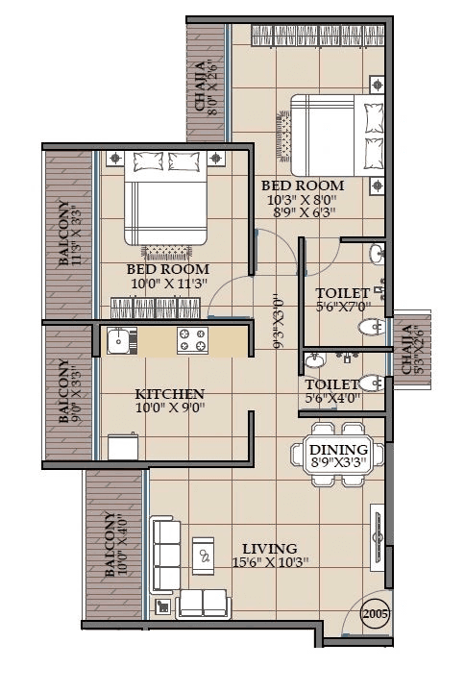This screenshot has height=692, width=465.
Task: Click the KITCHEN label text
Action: [x=169, y=394]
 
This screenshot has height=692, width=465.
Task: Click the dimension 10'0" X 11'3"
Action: [x=168, y=284]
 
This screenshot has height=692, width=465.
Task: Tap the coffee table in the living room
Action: [x=204, y=555]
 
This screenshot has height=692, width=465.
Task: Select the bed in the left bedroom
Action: [x=165, y=200]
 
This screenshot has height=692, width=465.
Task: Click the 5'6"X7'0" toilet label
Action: [x=342, y=308]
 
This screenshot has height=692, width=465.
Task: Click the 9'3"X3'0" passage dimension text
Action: [x=280, y=321]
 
